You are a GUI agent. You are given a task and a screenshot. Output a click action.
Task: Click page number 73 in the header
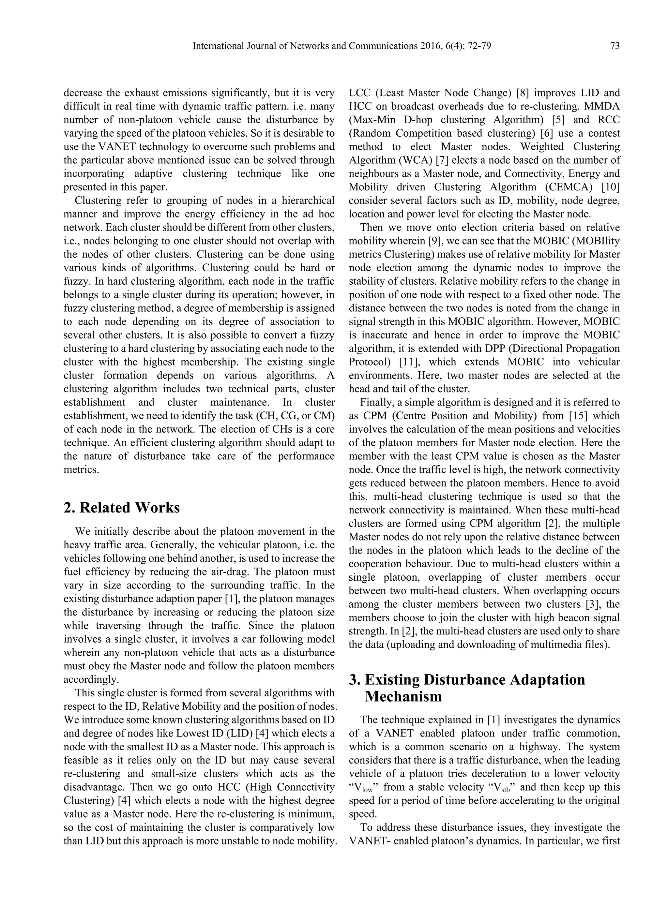coord(615,46)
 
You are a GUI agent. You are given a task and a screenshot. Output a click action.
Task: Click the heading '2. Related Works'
coord(122,508)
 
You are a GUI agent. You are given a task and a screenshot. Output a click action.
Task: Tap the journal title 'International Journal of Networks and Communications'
coord(305,46)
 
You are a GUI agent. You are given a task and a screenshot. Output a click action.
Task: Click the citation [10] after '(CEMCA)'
coord(610,187)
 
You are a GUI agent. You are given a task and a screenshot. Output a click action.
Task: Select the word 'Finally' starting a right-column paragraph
coord(375,403)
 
